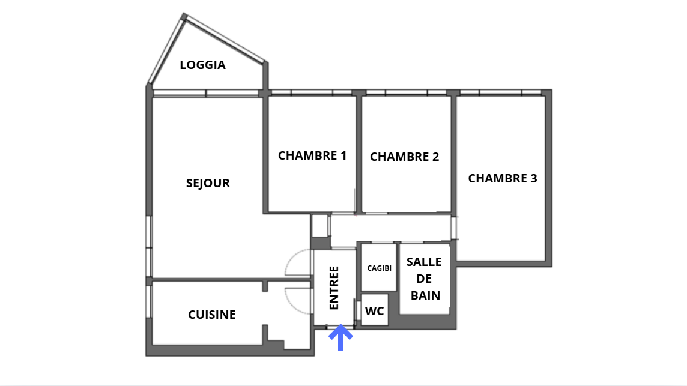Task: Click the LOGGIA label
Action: click(x=202, y=65)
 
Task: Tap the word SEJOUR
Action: click(x=208, y=183)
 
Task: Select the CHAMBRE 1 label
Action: click(x=312, y=155)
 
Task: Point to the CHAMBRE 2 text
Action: click(x=404, y=157)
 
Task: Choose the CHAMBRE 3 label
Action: click(x=502, y=178)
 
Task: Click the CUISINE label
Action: click(x=211, y=315)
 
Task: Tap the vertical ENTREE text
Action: click(x=334, y=288)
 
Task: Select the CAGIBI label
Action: click(x=379, y=268)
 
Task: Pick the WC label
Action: click(x=374, y=311)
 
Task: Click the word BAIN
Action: click(x=425, y=295)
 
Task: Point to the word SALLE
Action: click(x=424, y=262)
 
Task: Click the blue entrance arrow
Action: click(x=340, y=337)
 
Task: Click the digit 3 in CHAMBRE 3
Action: click(x=533, y=178)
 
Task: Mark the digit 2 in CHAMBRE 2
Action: click(x=435, y=157)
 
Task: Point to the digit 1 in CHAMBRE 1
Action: click(x=343, y=155)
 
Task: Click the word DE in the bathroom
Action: click(x=424, y=279)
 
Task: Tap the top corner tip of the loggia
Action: click(x=184, y=16)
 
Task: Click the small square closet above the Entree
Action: click(x=320, y=226)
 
